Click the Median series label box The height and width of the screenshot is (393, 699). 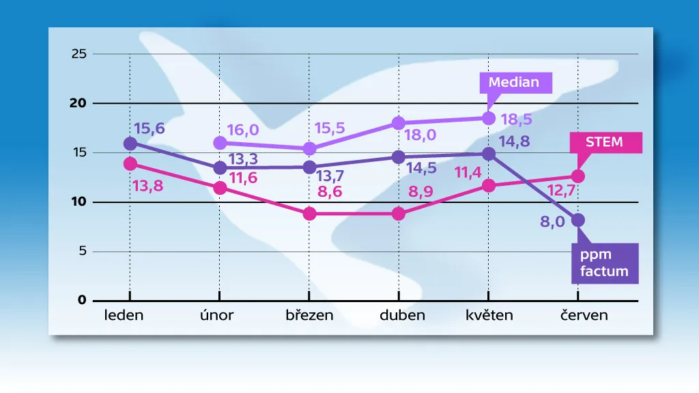(514, 83)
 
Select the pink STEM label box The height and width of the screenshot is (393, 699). (604, 142)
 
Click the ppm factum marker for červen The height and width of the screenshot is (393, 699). (578, 220)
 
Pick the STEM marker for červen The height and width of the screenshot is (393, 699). (578, 176)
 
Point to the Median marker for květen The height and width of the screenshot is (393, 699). (489, 118)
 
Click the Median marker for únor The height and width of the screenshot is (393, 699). (220, 143)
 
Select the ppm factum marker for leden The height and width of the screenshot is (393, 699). (130, 143)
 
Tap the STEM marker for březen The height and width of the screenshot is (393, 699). (309, 214)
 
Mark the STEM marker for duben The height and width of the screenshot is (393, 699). (399, 214)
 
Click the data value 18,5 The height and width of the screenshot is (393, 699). (517, 119)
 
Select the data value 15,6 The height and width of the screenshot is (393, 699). (149, 128)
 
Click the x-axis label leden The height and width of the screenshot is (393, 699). (124, 315)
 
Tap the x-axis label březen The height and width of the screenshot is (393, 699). (309, 315)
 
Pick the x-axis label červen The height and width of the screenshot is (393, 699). (580, 315)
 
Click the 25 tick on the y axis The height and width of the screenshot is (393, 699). (79, 54)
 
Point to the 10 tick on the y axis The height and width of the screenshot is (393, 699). (79, 202)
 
